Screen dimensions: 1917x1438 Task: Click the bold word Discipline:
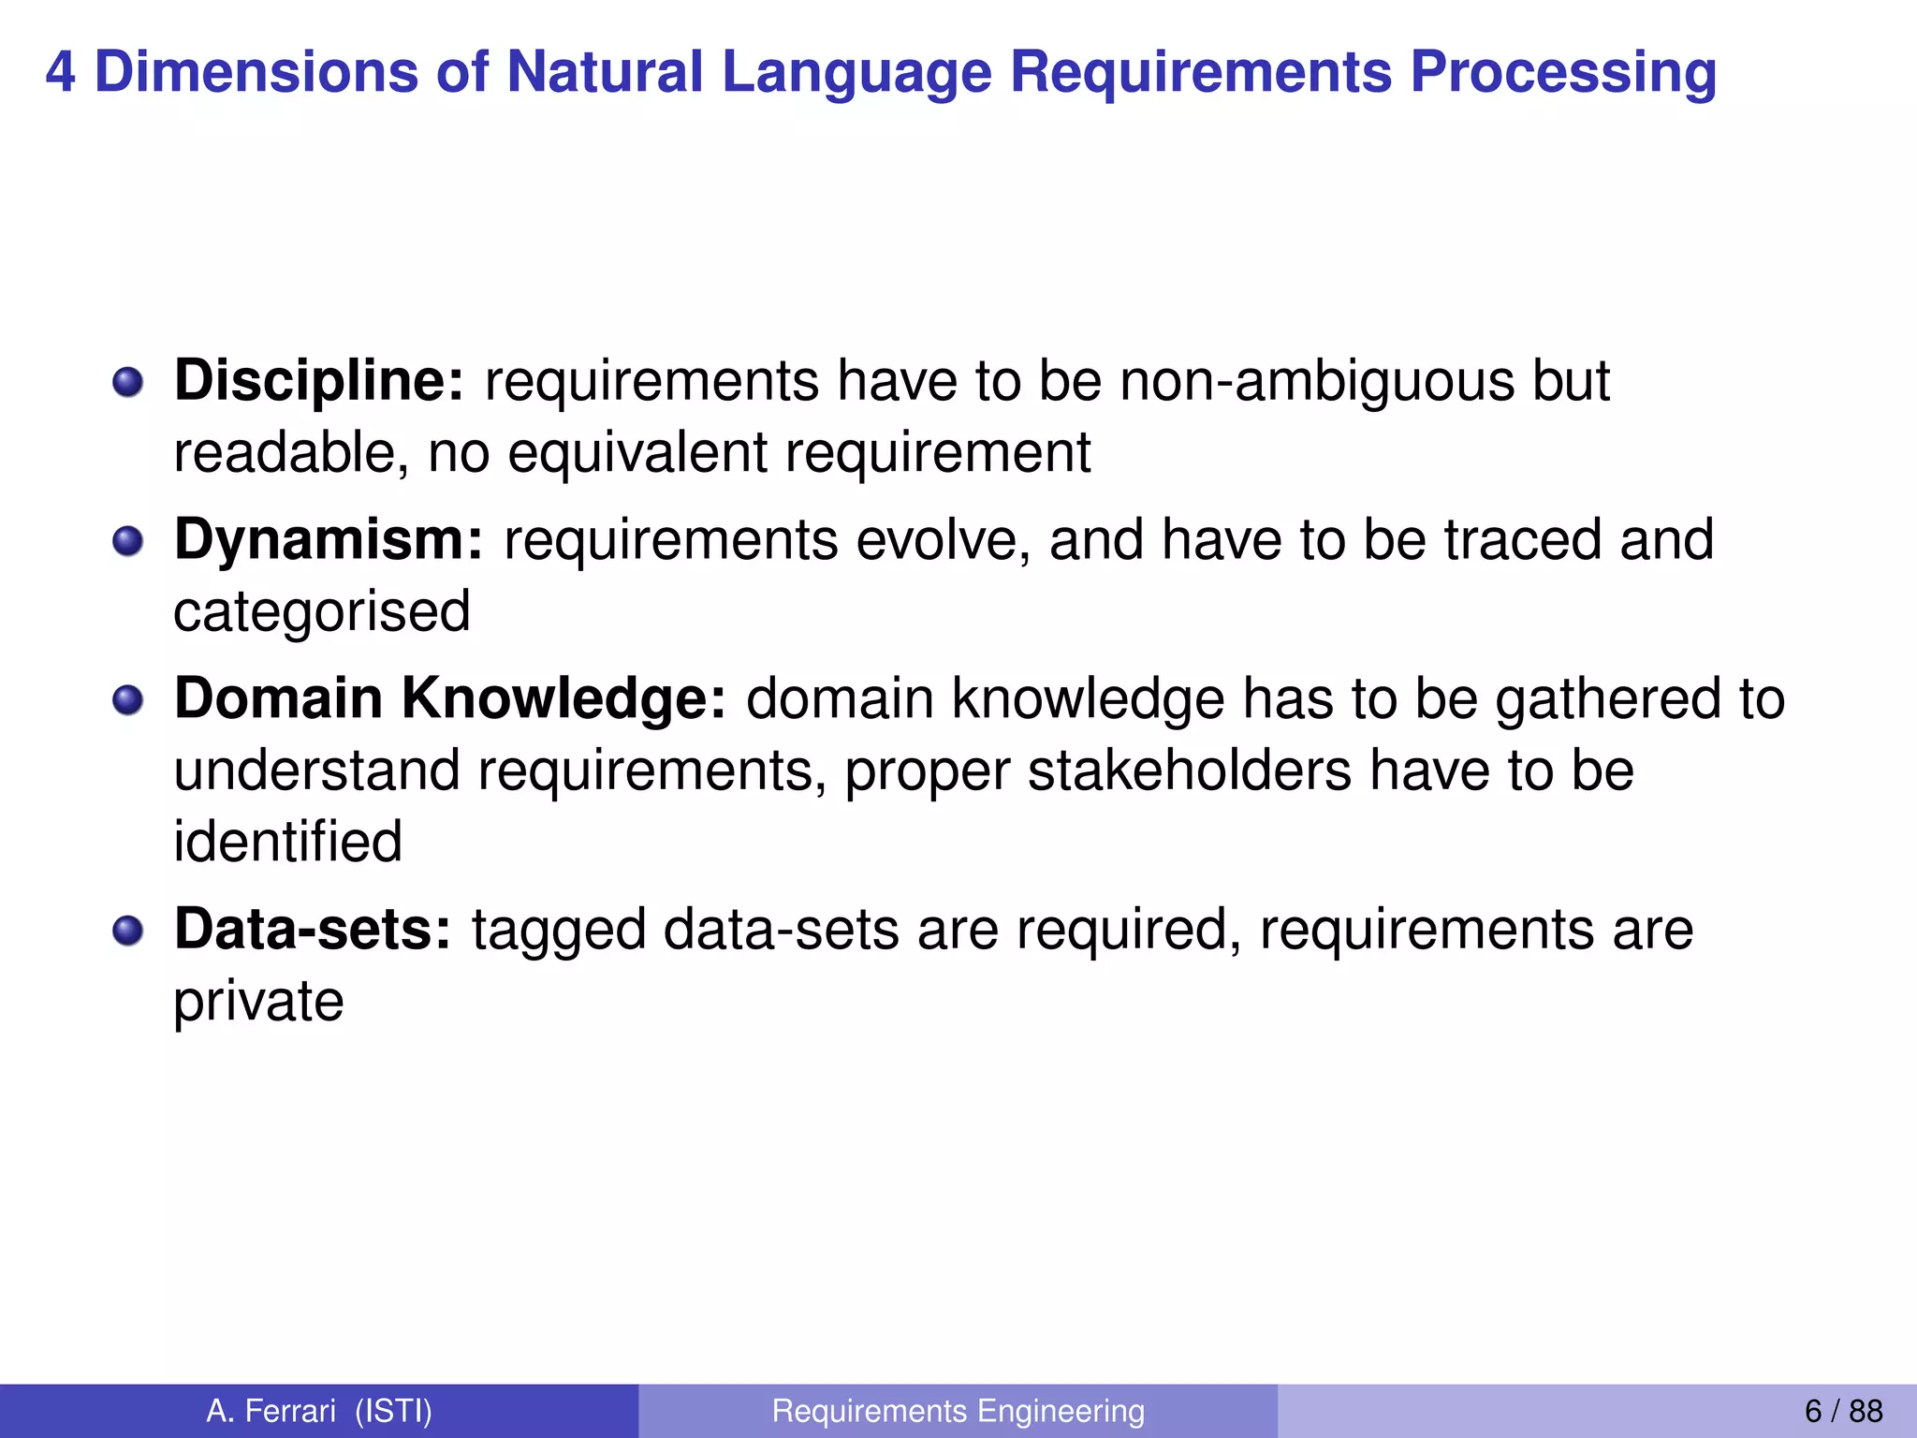coord(318,382)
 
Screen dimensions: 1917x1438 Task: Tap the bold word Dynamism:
coord(329,541)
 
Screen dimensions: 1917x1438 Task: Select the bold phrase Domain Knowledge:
coord(450,699)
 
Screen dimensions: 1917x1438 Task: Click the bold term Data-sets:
coord(313,930)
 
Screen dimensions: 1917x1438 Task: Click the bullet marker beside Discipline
coord(127,382)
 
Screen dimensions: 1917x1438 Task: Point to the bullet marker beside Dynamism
coord(127,541)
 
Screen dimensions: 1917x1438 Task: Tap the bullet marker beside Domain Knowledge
coord(127,699)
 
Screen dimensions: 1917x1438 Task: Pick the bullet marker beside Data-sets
coord(127,930)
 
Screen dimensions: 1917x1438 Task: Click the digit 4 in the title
coord(60,73)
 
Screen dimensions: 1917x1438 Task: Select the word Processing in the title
coord(1563,73)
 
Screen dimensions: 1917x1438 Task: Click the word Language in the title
coord(856,73)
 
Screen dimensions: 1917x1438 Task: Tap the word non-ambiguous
coord(1316,382)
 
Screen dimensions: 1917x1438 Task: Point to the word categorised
coord(322,612)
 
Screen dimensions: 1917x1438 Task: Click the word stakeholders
coord(1190,770)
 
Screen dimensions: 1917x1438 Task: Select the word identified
coord(288,842)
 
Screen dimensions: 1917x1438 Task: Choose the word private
coord(259,1002)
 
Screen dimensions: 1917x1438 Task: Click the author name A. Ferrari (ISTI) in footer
coord(319,1411)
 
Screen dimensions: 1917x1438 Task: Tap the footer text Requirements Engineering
coord(958,1411)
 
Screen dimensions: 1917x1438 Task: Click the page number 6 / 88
coord(1843,1411)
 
